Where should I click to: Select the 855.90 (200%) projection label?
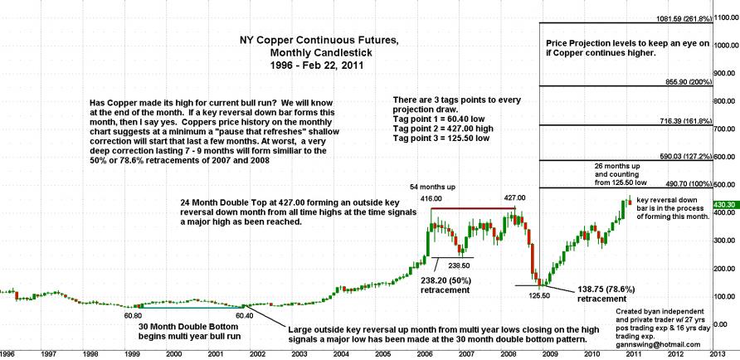tap(678, 82)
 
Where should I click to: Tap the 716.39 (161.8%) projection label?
tap(678, 121)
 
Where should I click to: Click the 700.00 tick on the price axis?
tap(720, 129)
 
